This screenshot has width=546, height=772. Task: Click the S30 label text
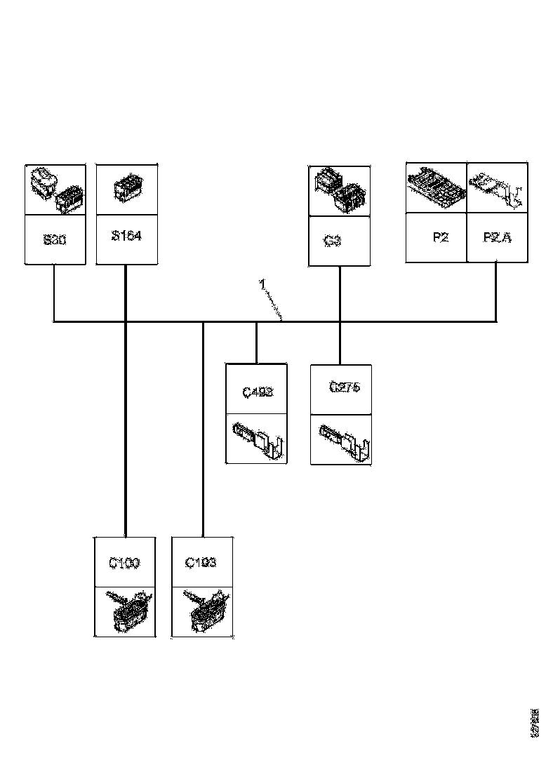click(x=55, y=239)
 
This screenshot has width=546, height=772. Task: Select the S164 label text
click(x=126, y=236)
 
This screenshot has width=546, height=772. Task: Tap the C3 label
click(x=333, y=241)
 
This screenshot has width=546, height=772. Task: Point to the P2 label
click(x=440, y=237)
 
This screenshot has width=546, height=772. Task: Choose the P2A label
click(x=497, y=237)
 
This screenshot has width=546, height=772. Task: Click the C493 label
click(x=257, y=392)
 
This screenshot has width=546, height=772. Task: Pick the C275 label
click(x=345, y=387)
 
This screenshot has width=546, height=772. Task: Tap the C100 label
click(x=124, y=562)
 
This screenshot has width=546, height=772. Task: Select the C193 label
click(x=201, y=562)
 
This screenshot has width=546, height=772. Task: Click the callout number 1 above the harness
click(x=262, y=284)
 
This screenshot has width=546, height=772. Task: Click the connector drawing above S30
click(x=55, y=190)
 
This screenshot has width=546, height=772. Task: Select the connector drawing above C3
click(x=340, y=190)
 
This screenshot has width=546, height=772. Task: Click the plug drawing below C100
click(x=126, y=611)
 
